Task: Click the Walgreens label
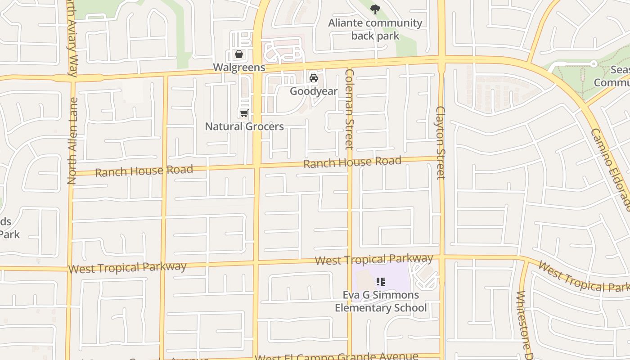click(239, 67)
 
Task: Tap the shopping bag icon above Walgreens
click(239, 54)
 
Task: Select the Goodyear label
click(314, 91)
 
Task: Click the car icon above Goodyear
click(314, 78)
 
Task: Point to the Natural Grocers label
click(244, 126)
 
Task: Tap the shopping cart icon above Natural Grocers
click(244, 113)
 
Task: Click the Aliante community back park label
click(375, 29)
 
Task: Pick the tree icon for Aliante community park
click(375, 9)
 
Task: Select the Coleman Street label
click(350, 109)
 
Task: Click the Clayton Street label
click(441, 143)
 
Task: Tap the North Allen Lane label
click(72, 141)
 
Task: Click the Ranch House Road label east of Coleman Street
click(352, 162)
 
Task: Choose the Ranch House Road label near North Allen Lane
click(144, 171)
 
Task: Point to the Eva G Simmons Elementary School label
click(381, 301)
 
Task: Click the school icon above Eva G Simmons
click(381, 282)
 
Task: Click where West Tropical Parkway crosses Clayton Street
click(442, 257)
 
